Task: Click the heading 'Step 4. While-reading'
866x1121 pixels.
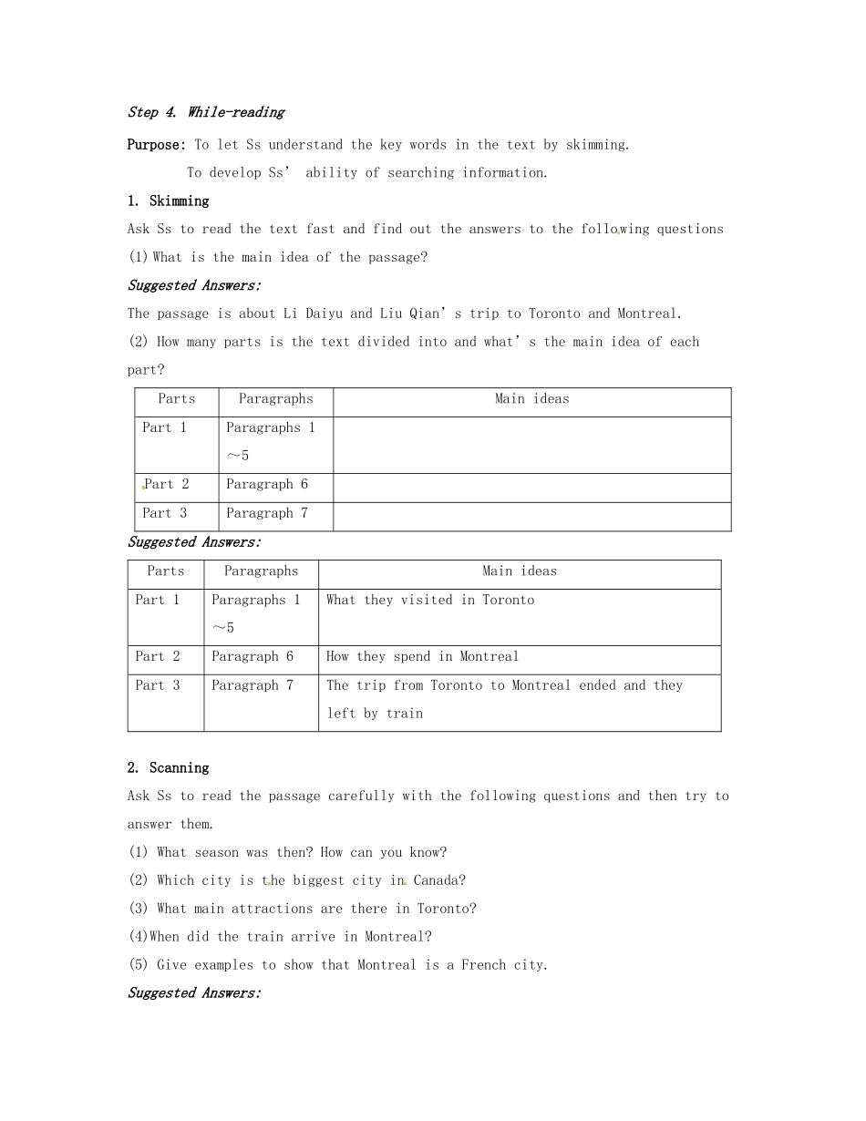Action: (x=206, y=112)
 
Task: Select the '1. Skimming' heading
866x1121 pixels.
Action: (x=169, y=201)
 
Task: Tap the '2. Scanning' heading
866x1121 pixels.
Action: (x=169, y=767)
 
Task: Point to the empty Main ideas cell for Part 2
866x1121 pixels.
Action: (x=531, y=488)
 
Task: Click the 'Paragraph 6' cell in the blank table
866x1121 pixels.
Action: (x=267, y=485)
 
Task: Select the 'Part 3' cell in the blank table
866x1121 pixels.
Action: (x=165, y=513)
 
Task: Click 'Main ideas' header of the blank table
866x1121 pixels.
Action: (x=531, y=399)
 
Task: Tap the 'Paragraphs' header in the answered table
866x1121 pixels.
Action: (x=261, y=571)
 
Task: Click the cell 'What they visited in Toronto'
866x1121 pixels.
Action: (x=430, y=600)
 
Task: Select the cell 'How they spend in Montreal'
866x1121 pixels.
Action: (x=422, y=656)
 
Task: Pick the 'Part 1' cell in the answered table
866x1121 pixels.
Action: (x=158, y=600)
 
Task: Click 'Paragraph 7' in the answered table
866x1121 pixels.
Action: (x=253, y=685)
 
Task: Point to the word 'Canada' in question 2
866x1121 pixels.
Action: (x=436, y=880)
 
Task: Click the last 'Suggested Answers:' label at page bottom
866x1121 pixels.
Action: (x=194, y=993)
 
